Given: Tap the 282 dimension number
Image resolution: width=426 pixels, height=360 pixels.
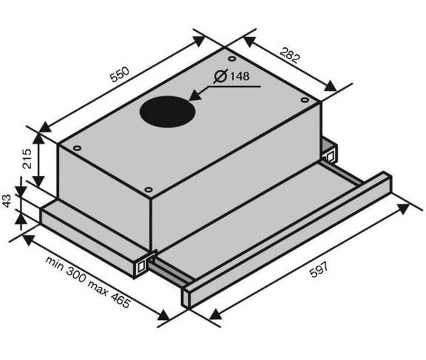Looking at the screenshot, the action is (290, 56).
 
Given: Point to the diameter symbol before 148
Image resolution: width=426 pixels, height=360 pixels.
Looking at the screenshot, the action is (220, 76).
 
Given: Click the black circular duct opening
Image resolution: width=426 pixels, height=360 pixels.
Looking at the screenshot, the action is (167, 112).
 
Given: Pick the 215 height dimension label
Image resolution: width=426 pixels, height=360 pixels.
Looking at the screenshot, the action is (28, 158).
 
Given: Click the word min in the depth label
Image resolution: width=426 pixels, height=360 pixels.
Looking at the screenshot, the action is (55, 263).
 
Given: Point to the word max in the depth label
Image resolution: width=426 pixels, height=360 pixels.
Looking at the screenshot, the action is (98, 288).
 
